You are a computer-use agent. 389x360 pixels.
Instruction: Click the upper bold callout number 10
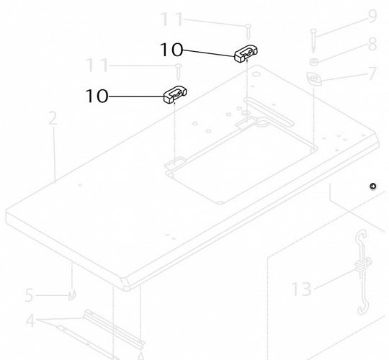(x=171, y=50)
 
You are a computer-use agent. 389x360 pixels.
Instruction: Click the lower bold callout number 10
(x=97, y=96)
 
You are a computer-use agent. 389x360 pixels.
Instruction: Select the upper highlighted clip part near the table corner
(x=246, y=53)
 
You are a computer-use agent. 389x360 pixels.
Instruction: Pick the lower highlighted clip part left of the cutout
(x=175, y=94)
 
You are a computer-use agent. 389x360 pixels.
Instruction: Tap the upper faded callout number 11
(x=171, y=19)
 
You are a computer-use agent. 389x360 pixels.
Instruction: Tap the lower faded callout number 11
(x=97, y=66)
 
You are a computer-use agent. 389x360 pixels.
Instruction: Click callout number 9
(x=372, y=16)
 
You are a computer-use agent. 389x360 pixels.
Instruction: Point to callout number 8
(x=372, y=45)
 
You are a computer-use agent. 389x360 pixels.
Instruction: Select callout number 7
(x=372, y=73)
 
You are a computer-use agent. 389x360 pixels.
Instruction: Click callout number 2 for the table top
(x=53, y=118)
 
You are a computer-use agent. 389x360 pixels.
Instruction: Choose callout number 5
(x=29, y=295)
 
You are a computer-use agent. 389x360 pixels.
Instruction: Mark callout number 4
(x=30, y=321)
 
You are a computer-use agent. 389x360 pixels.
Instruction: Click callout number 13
(x=301, y=289)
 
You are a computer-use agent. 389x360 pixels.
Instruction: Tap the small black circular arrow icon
(x=372, y=186)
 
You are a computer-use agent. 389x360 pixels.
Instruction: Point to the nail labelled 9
(x=313, y=40)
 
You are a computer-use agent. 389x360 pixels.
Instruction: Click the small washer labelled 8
(x=314, y=62)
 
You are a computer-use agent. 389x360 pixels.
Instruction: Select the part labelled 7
(x=314, y=79)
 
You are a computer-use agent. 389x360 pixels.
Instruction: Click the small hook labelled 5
(x=72, y=295)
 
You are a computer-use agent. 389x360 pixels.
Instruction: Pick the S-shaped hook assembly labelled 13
(x=362, y=272)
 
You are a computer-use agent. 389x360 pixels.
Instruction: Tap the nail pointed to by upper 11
(x=248, y=32)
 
